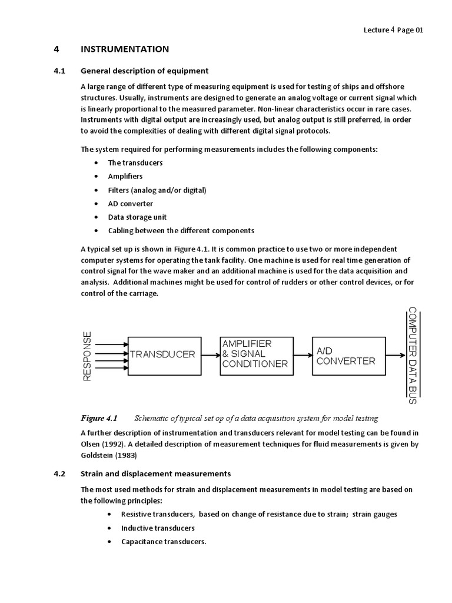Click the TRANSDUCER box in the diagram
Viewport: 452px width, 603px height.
pos(162,354)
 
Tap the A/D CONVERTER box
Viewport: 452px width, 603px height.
pos(345,356)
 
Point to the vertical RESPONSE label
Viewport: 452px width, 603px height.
pos(87,356)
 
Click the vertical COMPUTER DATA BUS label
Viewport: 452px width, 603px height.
pos(412,356)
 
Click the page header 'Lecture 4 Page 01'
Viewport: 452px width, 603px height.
pos(393,30)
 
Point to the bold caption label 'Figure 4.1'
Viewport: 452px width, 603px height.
pos(99,419)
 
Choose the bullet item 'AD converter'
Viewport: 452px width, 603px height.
pos(130,203)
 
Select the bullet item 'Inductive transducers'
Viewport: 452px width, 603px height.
pos(158,528)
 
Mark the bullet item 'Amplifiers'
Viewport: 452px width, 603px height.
pos(125,176)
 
